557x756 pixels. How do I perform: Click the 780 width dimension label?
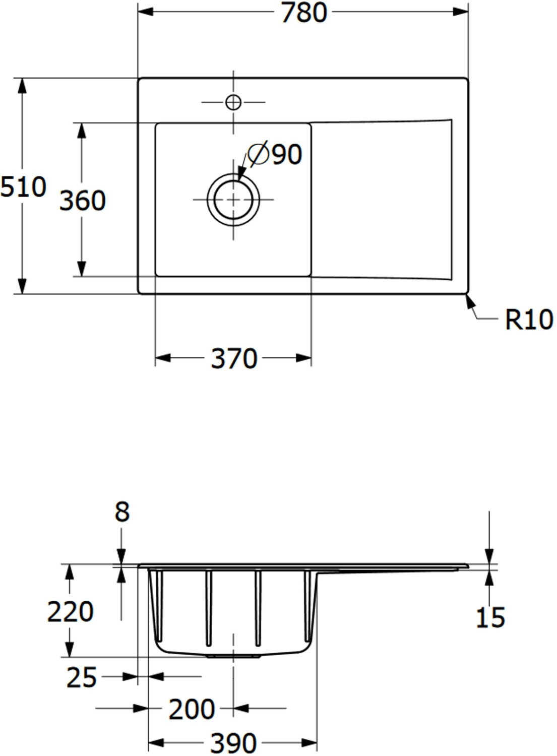click(304, 13)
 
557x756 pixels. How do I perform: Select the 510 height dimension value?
click(23, 187)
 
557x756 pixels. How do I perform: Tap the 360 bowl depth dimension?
click(83, 200)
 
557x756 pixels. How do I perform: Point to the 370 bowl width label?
click(234, 359)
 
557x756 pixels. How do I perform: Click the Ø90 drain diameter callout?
click(276, 154)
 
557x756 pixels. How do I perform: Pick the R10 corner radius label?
click(529, 320)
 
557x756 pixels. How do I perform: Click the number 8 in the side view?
click(122, 512)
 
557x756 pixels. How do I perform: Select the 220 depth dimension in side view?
click(70, 612)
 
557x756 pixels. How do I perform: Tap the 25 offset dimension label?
click(81, 678)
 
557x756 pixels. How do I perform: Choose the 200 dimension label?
click(192, 710)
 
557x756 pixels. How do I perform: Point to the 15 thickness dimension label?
click(490, 617)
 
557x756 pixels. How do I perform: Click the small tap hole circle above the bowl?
click(233, 102)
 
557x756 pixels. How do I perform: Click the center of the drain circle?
click(233, 200)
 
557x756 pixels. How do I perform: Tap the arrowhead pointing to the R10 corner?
click(469, 301)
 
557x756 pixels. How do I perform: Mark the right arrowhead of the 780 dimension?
click(461, 11)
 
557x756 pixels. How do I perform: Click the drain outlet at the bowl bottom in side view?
click(233, 656)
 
